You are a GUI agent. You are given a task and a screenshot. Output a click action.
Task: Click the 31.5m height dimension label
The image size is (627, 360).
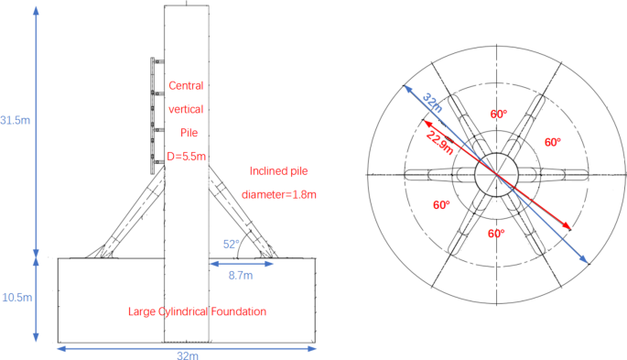point(16,120)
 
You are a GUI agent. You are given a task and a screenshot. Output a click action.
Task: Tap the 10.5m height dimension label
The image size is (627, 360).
point(17,298)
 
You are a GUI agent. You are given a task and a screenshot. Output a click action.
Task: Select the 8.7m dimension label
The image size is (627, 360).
point(241,275)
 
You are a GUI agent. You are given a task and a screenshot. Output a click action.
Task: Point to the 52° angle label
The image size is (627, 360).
point(232,244)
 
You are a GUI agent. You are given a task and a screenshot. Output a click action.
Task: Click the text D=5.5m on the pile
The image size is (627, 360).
point(187,157)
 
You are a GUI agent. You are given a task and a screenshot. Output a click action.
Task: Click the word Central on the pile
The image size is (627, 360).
point(186,85)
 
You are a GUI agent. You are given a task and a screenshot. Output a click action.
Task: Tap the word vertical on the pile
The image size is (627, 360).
point(186,109)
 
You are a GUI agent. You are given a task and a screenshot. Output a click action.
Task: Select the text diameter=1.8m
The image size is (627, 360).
point(279,195)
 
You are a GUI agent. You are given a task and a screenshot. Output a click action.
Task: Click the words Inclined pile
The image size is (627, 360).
point(278,171)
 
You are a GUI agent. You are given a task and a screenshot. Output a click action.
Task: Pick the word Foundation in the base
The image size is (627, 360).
point(239,311)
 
